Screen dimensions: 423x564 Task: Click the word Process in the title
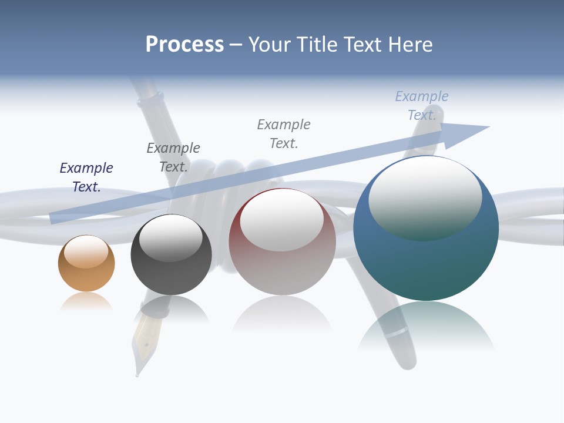pyautogui.click(x=184, y=45)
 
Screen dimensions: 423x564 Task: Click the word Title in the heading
pyautogui.click(x=318, y=45)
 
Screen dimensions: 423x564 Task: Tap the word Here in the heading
pyautogui.click(x=411, y=45)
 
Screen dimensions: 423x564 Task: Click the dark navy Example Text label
pyautogui.click(x=86, y=177)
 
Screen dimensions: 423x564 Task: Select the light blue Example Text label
pyautogui.click(x=422, y=105)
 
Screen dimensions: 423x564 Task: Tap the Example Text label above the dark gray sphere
pyautogui.click(x=173, y=157)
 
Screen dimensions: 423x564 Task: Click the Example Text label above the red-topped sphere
pyautogui.click(x=284, y=133)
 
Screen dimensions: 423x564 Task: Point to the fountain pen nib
pyautogui.click(x=141, y=352)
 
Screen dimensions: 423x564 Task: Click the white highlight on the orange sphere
pyautogui.click(x=86, y=252)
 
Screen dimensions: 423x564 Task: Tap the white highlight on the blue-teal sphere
pyautogui.click(x=425, y=197)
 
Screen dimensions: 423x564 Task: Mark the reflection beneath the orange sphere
pyautogui.click(x=86, y=302)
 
